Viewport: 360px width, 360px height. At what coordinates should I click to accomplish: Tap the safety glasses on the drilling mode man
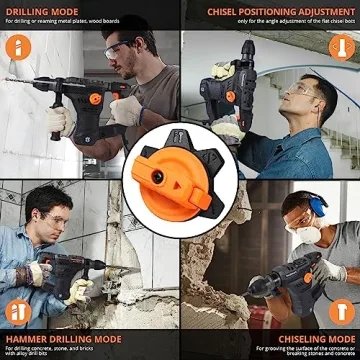pyautogui.click(x=118, y=50)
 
